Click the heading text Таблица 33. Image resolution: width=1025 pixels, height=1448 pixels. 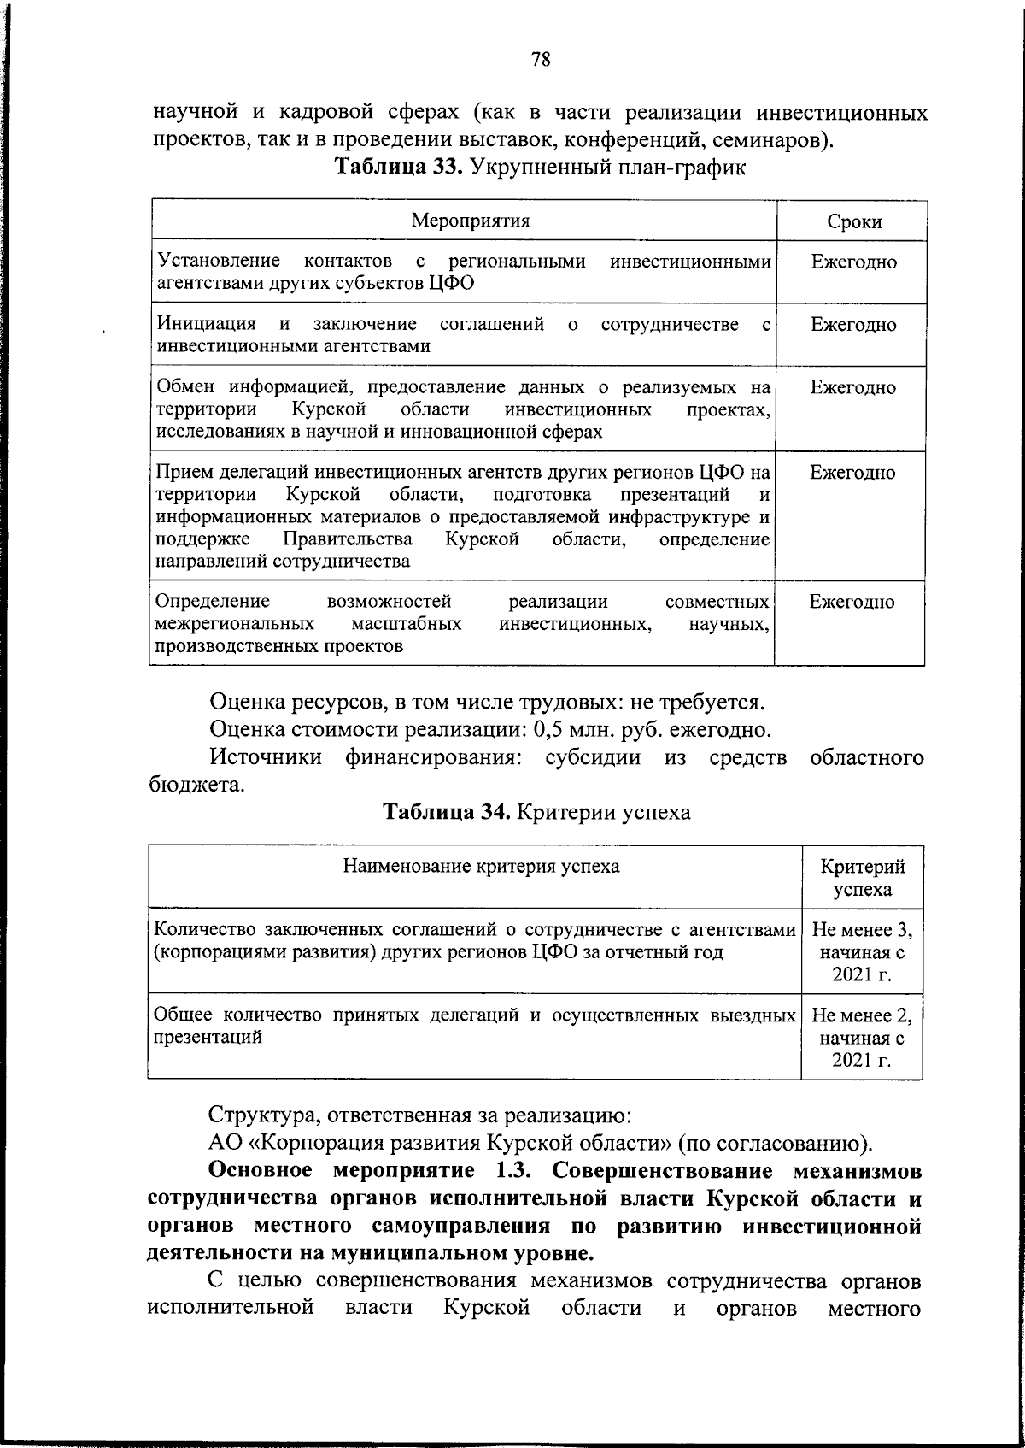398,166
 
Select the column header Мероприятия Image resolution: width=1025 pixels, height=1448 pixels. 470,221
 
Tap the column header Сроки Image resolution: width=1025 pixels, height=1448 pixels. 853,222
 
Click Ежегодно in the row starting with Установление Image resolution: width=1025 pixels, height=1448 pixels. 853,262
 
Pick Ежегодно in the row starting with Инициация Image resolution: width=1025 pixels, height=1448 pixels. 853,325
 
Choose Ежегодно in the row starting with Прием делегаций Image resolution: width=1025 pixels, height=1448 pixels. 853,473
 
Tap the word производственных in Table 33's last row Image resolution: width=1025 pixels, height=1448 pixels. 236,646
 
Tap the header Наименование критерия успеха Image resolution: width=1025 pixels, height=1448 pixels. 481,867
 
